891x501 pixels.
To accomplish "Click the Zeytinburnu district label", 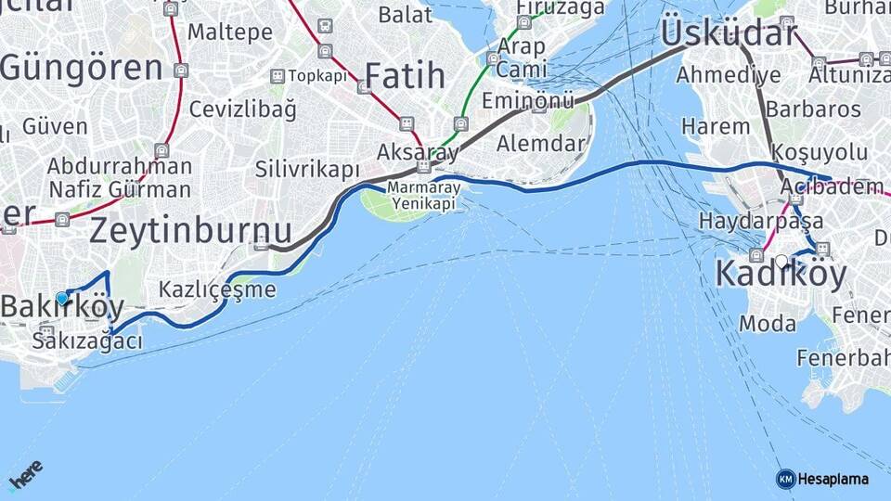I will click(x=190, y=230).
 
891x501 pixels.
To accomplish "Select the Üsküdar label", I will click(x=728, y=34).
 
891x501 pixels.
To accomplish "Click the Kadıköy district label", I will click(x=781, y=276).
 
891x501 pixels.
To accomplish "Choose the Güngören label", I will click(x=82, y=67).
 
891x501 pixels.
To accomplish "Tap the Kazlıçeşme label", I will click(x=217, y=289).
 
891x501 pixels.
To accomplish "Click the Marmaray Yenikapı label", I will click(x=423, y=196).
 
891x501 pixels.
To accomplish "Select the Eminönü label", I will click(x=528, y=100).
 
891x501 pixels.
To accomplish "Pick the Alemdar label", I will click(x=541, y=143).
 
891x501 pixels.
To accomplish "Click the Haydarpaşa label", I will click(x=761, y=221).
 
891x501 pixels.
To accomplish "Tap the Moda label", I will click(x=768, y=324).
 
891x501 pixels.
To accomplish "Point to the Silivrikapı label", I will click(x=306, y=170).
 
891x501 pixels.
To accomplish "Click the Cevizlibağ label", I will click(x=243, y=109).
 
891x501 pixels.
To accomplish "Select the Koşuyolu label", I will click(x=820, y=152).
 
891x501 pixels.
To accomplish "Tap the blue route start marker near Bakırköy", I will click(x=62, y=298).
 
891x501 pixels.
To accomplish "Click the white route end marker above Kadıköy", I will click(x=782, y=262).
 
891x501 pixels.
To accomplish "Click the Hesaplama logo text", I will click(x=832, y=479).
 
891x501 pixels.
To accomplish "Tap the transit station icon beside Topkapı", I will click(x=277, y=76).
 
